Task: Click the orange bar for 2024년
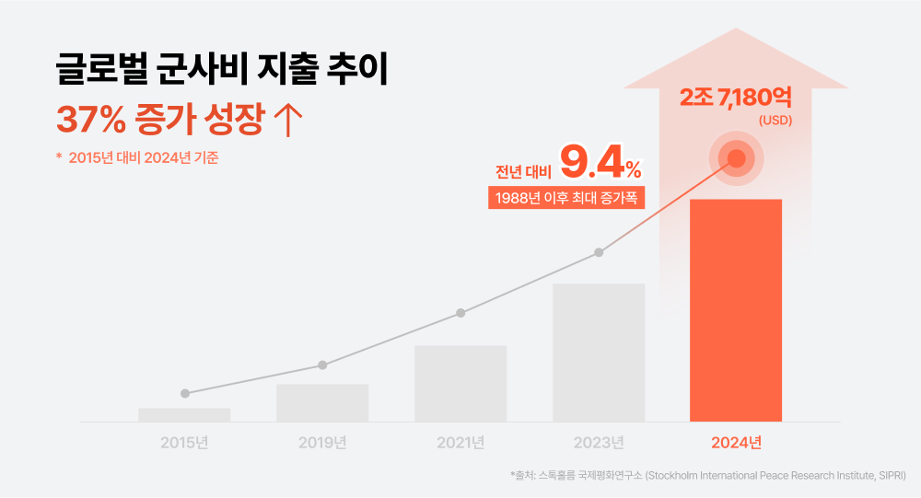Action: (x=736, y=310)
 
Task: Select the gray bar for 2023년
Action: (x=599, y=353)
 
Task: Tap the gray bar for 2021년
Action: (x=460, y=384)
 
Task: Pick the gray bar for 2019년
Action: (x=322, y=403)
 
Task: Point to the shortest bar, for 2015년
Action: (x=184, y=415)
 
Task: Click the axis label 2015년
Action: (x=184, y=443)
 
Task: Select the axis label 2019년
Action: (x=322, y=443)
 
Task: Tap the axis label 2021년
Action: (x=460, y=443)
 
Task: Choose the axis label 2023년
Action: (x=599, y=443)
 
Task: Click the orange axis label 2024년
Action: (x=736, y=443)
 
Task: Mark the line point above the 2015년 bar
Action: (x=185, y=393)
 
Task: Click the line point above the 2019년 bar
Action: (x=322, y=365)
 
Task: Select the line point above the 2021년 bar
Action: (x=460, y=313)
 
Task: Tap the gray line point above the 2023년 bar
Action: (x=599, y=252)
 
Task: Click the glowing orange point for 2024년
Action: (x=736, y=158)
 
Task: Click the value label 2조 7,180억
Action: (x=736, y=97)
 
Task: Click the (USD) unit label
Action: (x=775, y=121)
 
